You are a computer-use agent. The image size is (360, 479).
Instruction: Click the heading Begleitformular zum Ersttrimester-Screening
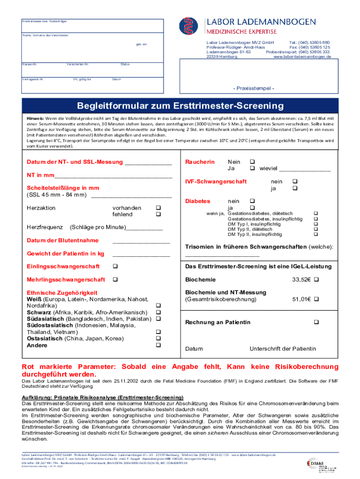pyautogui.click(x=180, y=106)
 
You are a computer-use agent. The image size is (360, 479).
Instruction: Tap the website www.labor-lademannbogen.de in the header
pyautogui.click(x=302, y=57)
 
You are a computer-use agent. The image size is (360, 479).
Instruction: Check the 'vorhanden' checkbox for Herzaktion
pyautogui.click(x=158, y=208)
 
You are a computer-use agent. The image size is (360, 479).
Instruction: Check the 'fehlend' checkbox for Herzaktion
pyautogui.click(x=158, y=214)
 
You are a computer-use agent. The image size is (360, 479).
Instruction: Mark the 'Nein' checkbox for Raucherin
pyautogui.click(x=252, y=162)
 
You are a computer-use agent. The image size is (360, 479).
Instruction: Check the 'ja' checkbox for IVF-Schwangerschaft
pyautogui.click(x=295, y=188)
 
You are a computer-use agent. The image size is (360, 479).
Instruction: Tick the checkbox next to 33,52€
pyautogui.click(x=316, y=280)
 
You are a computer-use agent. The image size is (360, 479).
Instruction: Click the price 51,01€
pyautogui.click(x=302, y=299)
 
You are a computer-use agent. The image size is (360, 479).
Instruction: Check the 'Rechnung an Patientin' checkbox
pyautogui.click(x=316, y=322)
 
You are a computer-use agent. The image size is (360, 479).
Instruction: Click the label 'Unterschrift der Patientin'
pyautogui.click(x=282, y=348)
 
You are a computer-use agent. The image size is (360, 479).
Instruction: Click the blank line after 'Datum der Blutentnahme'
pyautogui.click(x=141, y=241)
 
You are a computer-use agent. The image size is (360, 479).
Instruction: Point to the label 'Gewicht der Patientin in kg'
pyautogui.click(x=65, y=254)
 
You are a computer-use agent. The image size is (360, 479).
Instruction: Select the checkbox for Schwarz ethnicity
pyautogui.click(x=158, y=312)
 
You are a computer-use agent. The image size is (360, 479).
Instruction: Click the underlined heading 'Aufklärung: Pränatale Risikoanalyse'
pyautogui.click(x=99, y=397)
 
